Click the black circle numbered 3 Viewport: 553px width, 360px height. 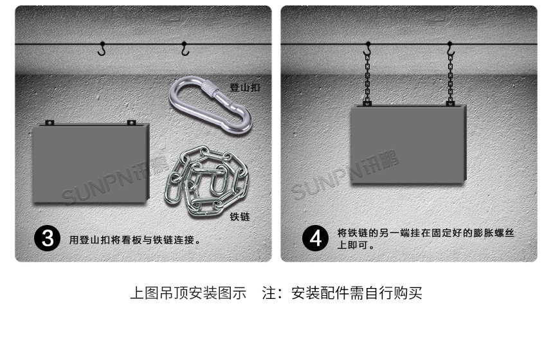(47, 239)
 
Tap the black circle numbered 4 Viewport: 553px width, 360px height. (315, 239)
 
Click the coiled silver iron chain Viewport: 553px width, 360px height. (206, 181)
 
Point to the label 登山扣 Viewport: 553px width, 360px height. (245, 87)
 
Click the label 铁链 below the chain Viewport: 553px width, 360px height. (240, 217)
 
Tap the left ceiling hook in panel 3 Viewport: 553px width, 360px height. (102, 49)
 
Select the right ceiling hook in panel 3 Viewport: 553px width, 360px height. (185, 49)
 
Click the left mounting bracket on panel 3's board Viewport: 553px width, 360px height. (50, 123)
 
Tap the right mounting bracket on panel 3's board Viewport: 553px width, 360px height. (132, 123)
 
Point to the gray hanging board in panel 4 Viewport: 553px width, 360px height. (408, 144)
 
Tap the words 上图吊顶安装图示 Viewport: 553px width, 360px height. (188, 293)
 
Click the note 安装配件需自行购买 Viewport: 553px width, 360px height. (357, 293)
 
